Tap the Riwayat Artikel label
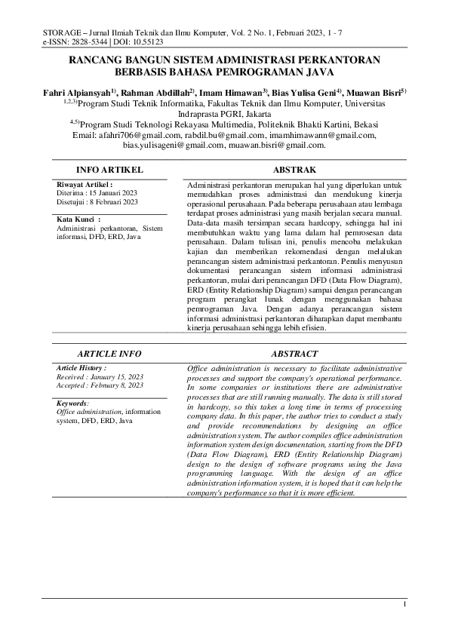(x=84, y=184)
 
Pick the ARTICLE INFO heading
(x=110, y=353)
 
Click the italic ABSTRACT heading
(x=294, y=353)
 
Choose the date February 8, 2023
(x=116, y=385)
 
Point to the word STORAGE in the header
(x=62, y=32)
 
